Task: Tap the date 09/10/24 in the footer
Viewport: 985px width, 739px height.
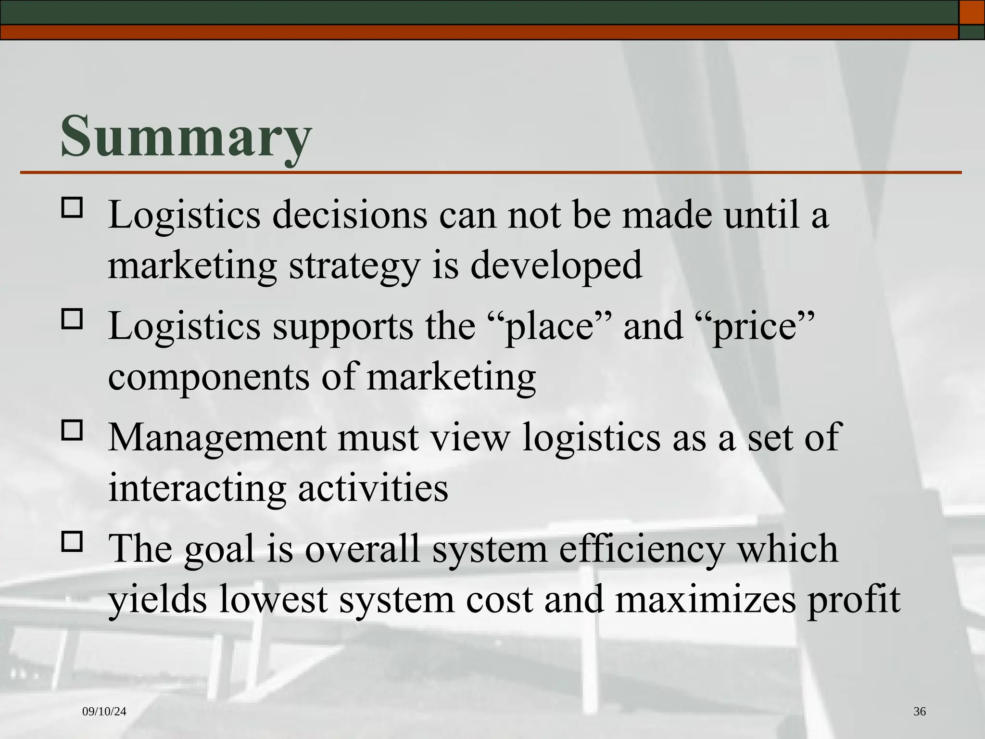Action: point(104,712)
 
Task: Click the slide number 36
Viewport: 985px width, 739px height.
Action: point(919,712)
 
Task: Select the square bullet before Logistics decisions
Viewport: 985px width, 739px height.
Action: point(72,208)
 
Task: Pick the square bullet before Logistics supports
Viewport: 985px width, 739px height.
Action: point(72,319)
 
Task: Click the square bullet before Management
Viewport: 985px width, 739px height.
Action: point(72,430)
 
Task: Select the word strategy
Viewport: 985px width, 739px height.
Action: point(354,266)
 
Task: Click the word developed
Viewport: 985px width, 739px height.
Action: point(556,266)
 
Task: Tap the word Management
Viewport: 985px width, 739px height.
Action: point(216,438)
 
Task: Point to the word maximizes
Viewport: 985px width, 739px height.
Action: point(705,600)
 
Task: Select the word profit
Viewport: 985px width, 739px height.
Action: point(854,600)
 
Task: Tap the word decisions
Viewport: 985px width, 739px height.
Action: point(350,215)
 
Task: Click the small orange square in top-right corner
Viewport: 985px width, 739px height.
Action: point(972,12)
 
